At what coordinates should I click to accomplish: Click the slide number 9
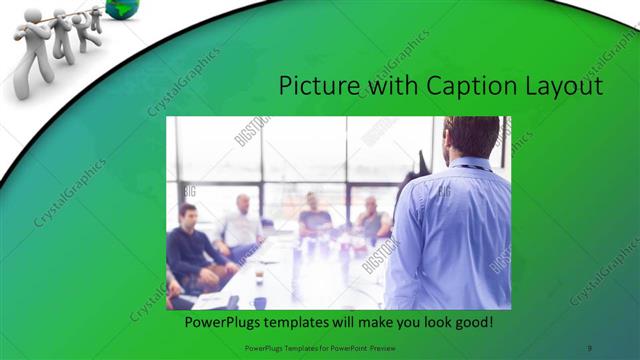590,347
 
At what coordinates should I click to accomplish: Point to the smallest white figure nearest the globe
95,17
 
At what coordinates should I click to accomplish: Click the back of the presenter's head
470,135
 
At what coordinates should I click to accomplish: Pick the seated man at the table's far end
315,215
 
